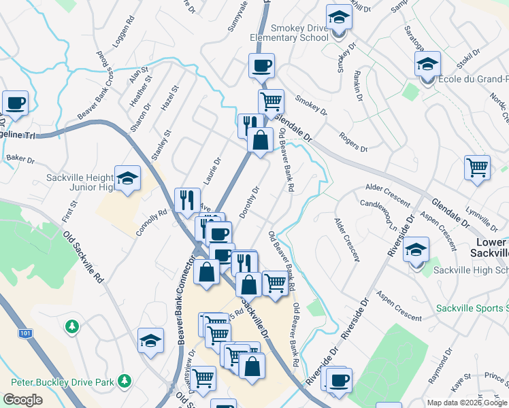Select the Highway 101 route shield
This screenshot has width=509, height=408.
[x=25, y=334]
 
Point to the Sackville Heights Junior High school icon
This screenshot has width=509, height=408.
[x=127, y=179]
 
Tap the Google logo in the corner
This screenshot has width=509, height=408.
[x=22, y=399]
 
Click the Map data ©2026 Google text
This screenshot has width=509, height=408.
[x=467, y=403]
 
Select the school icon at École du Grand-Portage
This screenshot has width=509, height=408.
[x=427, y=65]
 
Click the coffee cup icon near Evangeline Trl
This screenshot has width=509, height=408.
[x=15, y=103]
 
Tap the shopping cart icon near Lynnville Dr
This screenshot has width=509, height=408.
[x=478, y=167]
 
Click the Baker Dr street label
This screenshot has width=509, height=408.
[x=20, y=159]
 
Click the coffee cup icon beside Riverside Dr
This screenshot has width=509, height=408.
[x=339, y=379]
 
